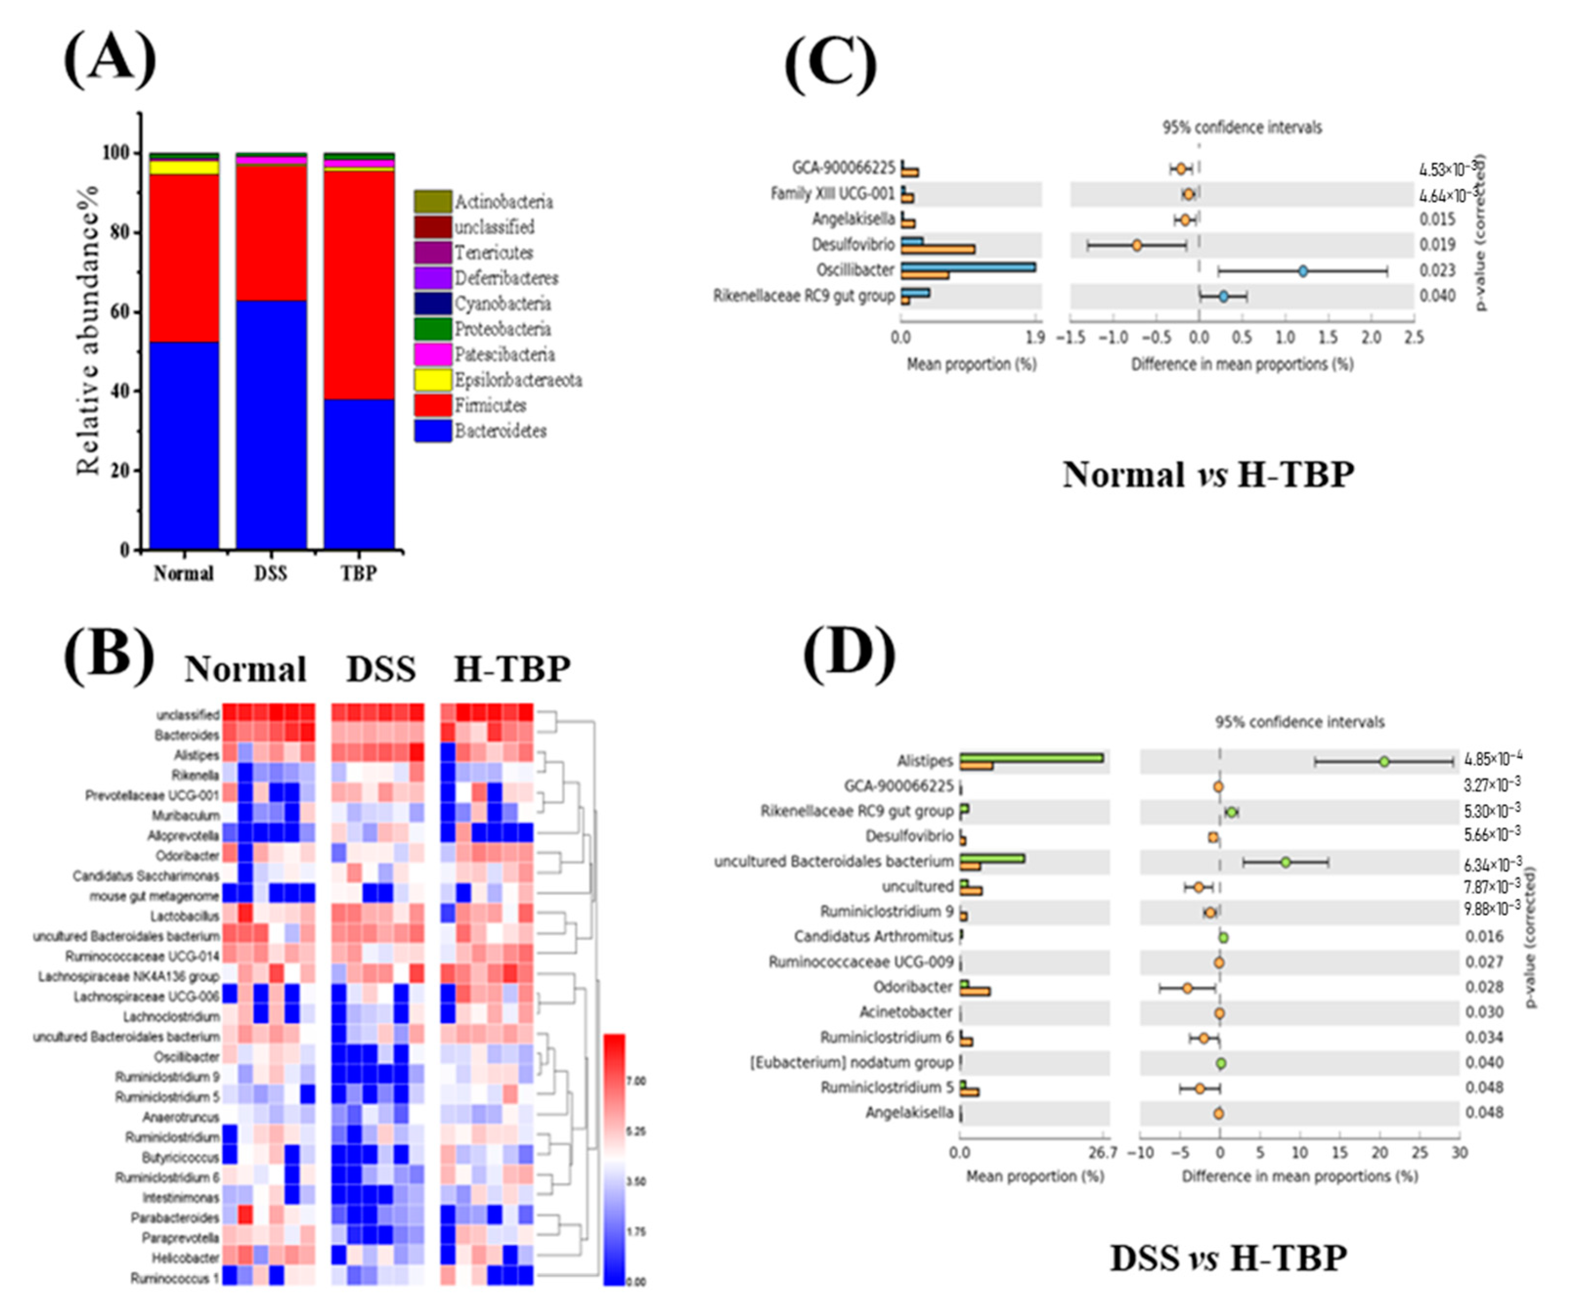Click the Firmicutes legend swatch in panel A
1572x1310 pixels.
(432, 405)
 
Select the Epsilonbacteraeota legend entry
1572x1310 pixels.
(518, 380)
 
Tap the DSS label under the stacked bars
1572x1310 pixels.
(270, 574)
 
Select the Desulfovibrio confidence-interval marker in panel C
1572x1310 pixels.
(1136, 245)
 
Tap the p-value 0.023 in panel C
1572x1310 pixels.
(1437, 270)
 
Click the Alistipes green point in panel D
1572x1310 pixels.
(1384, 761)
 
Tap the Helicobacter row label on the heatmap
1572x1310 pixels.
(186, 1258)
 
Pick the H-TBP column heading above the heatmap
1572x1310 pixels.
(512, 668)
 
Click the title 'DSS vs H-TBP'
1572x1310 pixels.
(1227, 1258)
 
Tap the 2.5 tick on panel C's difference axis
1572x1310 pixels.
(1413, 338)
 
